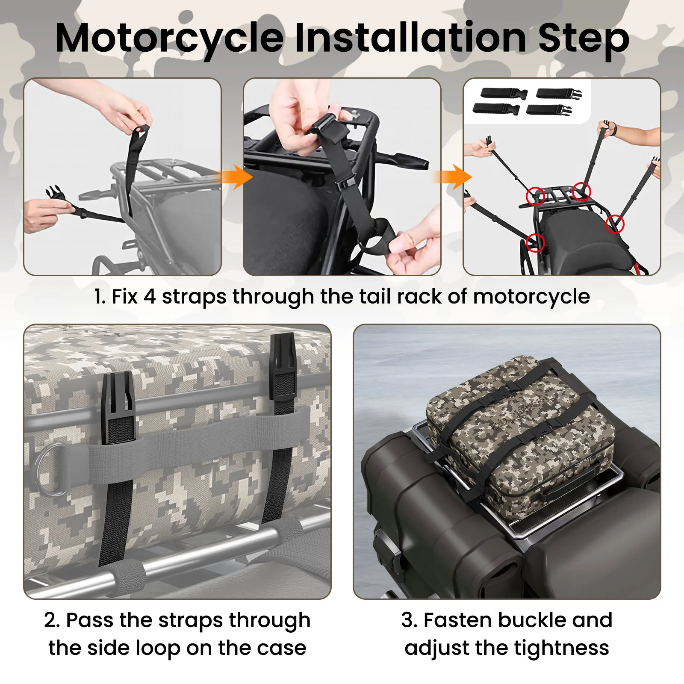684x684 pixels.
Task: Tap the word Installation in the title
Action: (x=410, y=38)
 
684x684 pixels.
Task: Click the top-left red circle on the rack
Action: (x=535, y=196)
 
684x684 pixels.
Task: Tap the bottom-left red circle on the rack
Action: (x=535, y=243)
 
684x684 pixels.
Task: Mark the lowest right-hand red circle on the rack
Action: (x=615, y=224)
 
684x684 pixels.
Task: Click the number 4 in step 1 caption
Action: (x=150, y=296)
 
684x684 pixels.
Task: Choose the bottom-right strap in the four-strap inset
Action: (x=549, y=110)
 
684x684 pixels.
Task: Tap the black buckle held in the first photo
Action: (x=57, y=194)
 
